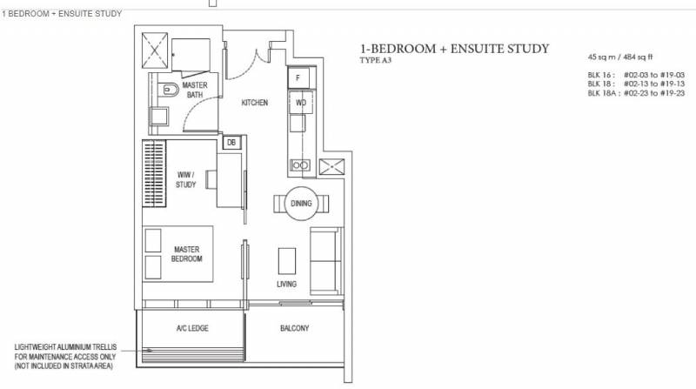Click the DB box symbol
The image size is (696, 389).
point(231,143)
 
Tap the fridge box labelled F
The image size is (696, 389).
point(298,77)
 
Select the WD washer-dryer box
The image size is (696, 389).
point(301,103)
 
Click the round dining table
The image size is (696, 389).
point(301,204)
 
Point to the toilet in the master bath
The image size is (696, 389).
point(169,90)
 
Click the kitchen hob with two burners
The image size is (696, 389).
point(299,165)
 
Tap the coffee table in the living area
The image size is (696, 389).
point(287,261)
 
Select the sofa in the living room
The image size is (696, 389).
point(326,261)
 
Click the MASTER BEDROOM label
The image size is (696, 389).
point(187,254)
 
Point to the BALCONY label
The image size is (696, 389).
point(294,328)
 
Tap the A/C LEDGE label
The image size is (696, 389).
point(192,328)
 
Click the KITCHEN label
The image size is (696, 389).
point(255,103)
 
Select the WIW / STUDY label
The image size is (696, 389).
point(185,179)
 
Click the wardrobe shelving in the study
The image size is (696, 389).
point(154,173)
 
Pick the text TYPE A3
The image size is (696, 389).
point(376,60)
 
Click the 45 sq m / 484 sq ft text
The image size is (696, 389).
point(620,57)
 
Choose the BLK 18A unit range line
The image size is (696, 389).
point(636,93)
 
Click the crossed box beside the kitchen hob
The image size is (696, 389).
point(331,166)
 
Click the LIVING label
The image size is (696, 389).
point(287,285)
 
